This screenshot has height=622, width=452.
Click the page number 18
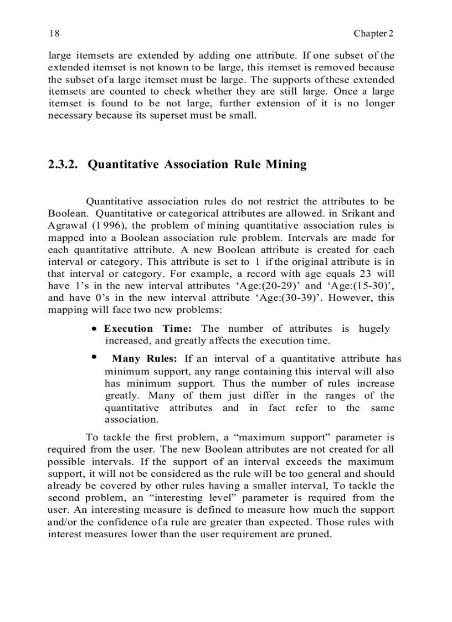click(54, 33)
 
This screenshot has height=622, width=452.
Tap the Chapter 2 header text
click(373, 33)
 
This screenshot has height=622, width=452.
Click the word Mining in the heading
click(286, 165)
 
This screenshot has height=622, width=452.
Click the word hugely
click(374, 328)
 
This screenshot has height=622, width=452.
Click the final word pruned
click(314, 534)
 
